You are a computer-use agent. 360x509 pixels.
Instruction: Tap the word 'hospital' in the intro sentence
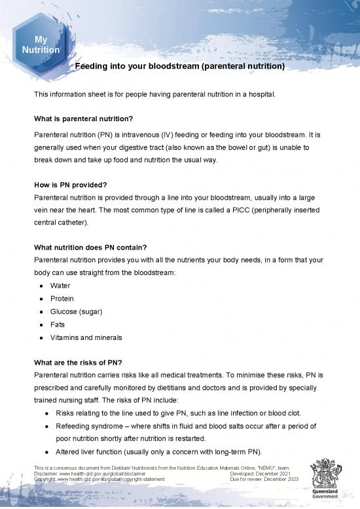262,94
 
